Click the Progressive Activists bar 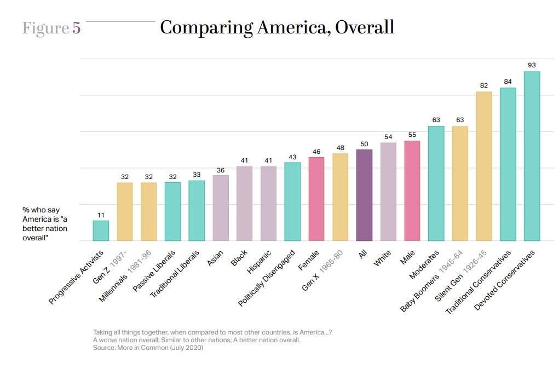click(x=101, y=230)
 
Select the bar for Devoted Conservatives click(x=532, y=156)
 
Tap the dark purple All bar click(x=364, y=195)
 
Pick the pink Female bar click(x=316, y=199)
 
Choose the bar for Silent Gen click(x=484, y=166)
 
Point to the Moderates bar click(x=436, y=183)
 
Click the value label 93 click(x=532, y=65)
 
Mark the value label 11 click(x=101, y=215)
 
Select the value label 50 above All click(x=364, y=143)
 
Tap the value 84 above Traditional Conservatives click(x=508, y=82)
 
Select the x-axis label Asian click(x=215, y=258)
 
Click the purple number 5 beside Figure click(x=76, y=28)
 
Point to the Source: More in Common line click(x=148, y=348)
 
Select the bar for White click(x=388, y=192)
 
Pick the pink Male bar click(x=412, y=191)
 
